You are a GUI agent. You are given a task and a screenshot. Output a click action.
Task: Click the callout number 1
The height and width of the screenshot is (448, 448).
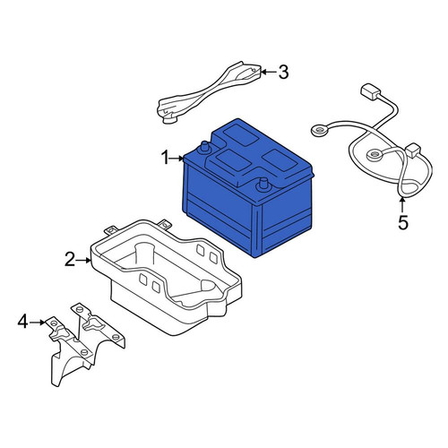[165, 158]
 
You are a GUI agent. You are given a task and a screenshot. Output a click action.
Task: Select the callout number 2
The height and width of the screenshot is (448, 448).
[70, 259]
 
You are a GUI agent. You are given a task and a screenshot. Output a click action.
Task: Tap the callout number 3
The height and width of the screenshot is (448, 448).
[283, 73]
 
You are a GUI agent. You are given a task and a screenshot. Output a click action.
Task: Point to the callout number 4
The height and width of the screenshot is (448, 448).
[23, 323]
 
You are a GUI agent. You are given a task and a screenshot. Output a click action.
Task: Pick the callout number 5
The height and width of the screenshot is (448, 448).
[403, 222]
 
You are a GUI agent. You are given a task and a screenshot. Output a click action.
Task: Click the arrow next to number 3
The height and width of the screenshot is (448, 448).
[269, 72]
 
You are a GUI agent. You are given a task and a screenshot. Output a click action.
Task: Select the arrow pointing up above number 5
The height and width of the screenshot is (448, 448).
[402, 205]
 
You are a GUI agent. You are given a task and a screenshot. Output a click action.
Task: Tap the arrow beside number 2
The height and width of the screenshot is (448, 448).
[83, 260]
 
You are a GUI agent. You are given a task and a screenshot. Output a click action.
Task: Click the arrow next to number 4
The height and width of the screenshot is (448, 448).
[38, 323]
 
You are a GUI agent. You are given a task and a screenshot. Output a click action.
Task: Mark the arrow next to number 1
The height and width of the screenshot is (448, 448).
[177, 159]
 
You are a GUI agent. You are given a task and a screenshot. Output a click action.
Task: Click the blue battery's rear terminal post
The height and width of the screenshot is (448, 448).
[205, 147]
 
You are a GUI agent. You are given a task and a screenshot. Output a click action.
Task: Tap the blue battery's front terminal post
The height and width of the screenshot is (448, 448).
[263, 185]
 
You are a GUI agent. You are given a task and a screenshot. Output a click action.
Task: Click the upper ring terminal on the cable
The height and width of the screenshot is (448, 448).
[318, 130]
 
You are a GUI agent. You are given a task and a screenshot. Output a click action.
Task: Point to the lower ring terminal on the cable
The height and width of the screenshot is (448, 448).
[374, 155]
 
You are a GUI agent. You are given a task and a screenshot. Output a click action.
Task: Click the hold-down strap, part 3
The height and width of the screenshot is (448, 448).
[209, 91]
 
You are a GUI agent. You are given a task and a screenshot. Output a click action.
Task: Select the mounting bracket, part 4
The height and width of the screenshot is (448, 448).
[87, 343]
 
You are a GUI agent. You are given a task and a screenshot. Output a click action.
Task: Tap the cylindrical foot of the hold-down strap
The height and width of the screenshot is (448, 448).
[168, 118]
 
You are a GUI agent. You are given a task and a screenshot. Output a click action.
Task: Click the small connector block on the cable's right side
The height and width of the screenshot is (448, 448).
[413, 151]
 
